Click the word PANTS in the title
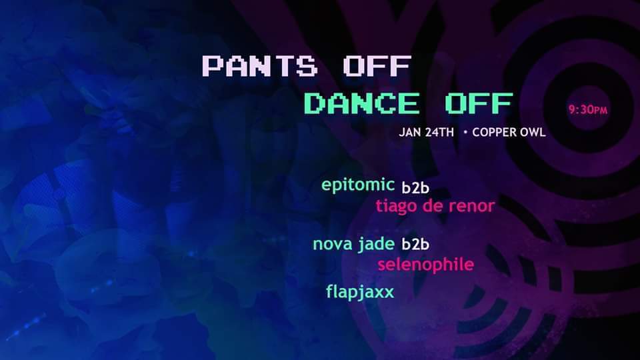coord(259,66)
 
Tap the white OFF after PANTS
coord(377,66)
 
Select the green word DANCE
coord(361,103)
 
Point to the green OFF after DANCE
coord(479,103)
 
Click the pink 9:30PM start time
coord(588,109)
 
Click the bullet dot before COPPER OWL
coord(466,132)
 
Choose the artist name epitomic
coord(358,185)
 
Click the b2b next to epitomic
coord(415,187)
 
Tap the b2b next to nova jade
coord(415,244)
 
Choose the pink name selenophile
coord(426,265)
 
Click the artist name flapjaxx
coord(360,292)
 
